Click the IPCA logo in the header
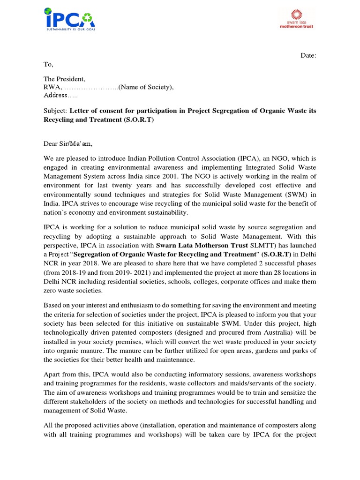pos(70,19)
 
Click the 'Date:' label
pos(308,56)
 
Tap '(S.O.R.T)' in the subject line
pos(139,119)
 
